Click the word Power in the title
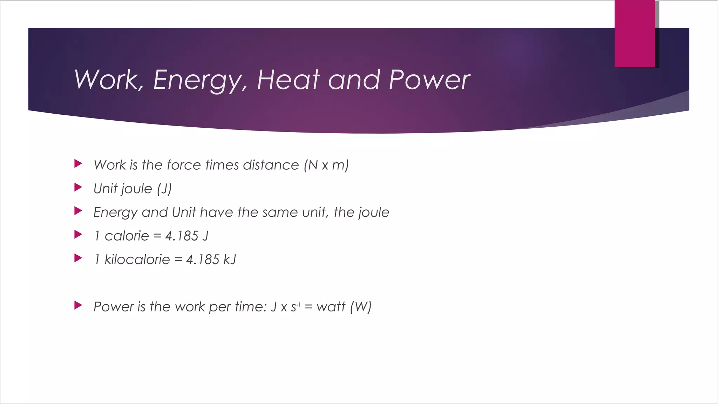point(429,80)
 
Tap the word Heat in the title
point(288,80)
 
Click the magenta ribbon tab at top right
point(635,34)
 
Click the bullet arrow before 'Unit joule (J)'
point(78,187)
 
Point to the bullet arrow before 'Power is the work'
point(78,305)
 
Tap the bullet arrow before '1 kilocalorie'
point(78,258)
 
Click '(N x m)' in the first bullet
point(326,165)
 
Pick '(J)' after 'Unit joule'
point(164,189)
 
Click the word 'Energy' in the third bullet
point(115,213)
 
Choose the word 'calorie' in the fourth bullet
point(127,236)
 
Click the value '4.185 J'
point(187,236)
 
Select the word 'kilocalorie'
point(137,260)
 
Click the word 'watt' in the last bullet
point(331,307)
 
